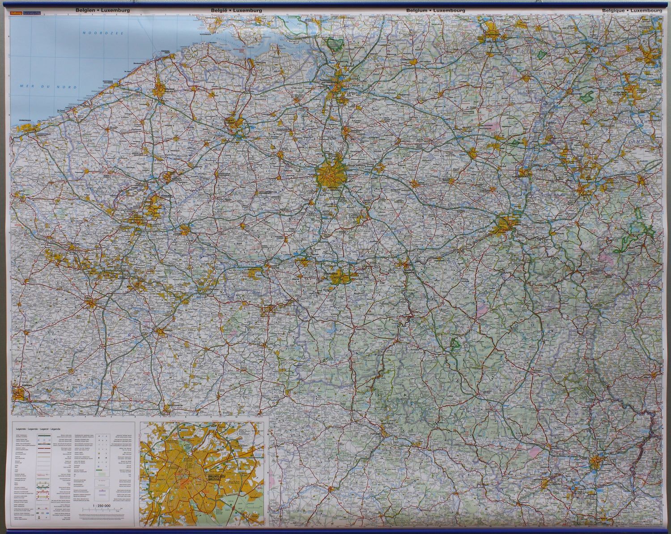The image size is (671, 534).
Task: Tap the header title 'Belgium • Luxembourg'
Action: [436, 10]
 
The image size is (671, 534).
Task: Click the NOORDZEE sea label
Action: [99, 33]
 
